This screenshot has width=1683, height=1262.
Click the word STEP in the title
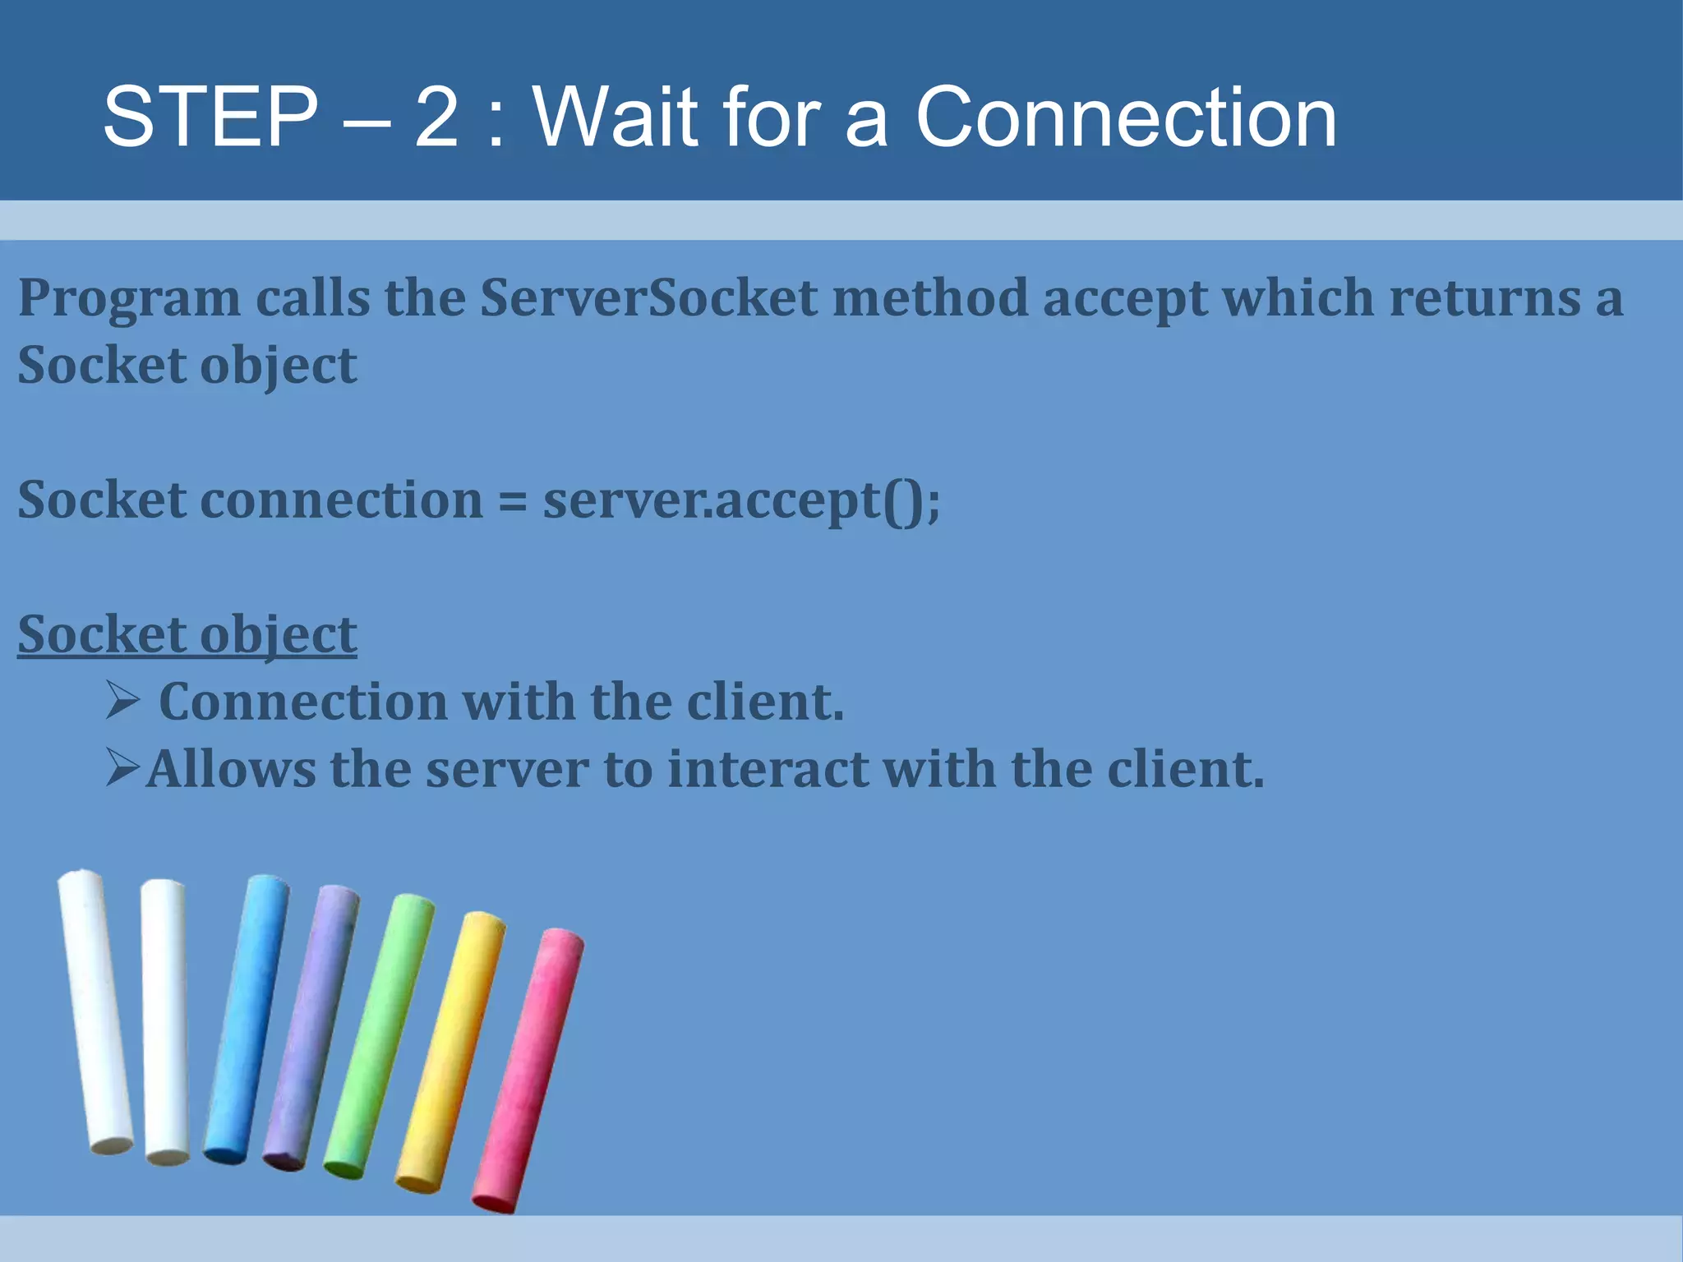pos(210,117)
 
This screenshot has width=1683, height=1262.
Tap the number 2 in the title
pos(436,117)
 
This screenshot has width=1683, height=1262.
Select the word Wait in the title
pos(616,117)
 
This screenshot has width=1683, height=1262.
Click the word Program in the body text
pos(129,299)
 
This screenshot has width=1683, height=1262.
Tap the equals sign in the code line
pos(513,500)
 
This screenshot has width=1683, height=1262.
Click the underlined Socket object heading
pos(187,634)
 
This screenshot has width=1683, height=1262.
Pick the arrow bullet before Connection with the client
pos(123,701)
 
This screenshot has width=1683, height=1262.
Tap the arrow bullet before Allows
pos(123,768)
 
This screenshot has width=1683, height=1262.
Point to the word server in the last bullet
pos(507,771)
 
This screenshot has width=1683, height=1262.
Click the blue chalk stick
pos(246,1019)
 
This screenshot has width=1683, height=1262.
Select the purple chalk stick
pos(311,1027)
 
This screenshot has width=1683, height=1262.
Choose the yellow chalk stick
pos(450,1052)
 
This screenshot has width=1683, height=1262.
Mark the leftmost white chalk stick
pos(95,1011)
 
